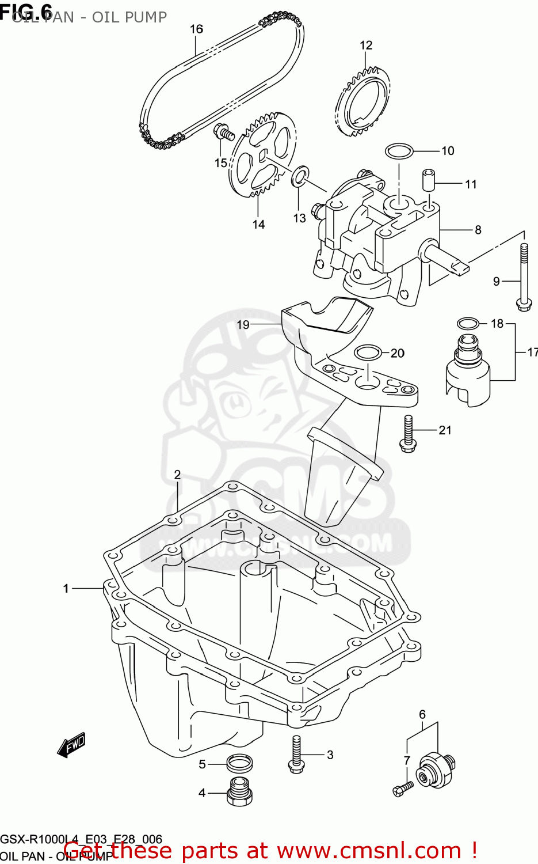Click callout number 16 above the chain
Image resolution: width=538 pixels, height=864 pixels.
point(196,29)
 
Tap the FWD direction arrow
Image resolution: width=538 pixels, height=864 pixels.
point(72,744)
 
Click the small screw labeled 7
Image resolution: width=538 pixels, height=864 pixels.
point(403,788)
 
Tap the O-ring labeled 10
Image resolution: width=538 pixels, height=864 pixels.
point(399,151)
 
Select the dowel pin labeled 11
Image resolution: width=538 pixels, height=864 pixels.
point(428,180)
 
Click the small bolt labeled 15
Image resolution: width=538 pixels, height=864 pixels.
point(224,132)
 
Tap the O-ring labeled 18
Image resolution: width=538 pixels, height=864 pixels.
point(467,323)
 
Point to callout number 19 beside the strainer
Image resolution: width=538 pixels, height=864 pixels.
point(243,325)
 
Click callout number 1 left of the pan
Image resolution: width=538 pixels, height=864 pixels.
point(66,588)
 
